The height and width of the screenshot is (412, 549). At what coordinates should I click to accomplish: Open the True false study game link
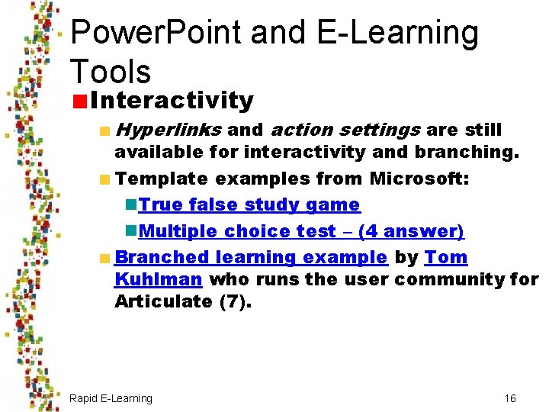pyautogui.click(x=249, y=204)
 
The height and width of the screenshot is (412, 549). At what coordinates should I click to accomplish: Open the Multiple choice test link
pyautogui.click(x=302, y=231)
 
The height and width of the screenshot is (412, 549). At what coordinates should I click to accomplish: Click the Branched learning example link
pyautogui.click(x=251, y=258)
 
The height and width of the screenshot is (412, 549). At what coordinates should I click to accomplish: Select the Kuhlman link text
pyautogui.click(x=158, y=279)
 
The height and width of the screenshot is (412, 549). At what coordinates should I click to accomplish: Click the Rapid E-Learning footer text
pyautogui.click(x=111, y=398)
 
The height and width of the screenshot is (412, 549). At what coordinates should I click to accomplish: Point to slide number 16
pyautogui.click(x=510, y=398)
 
